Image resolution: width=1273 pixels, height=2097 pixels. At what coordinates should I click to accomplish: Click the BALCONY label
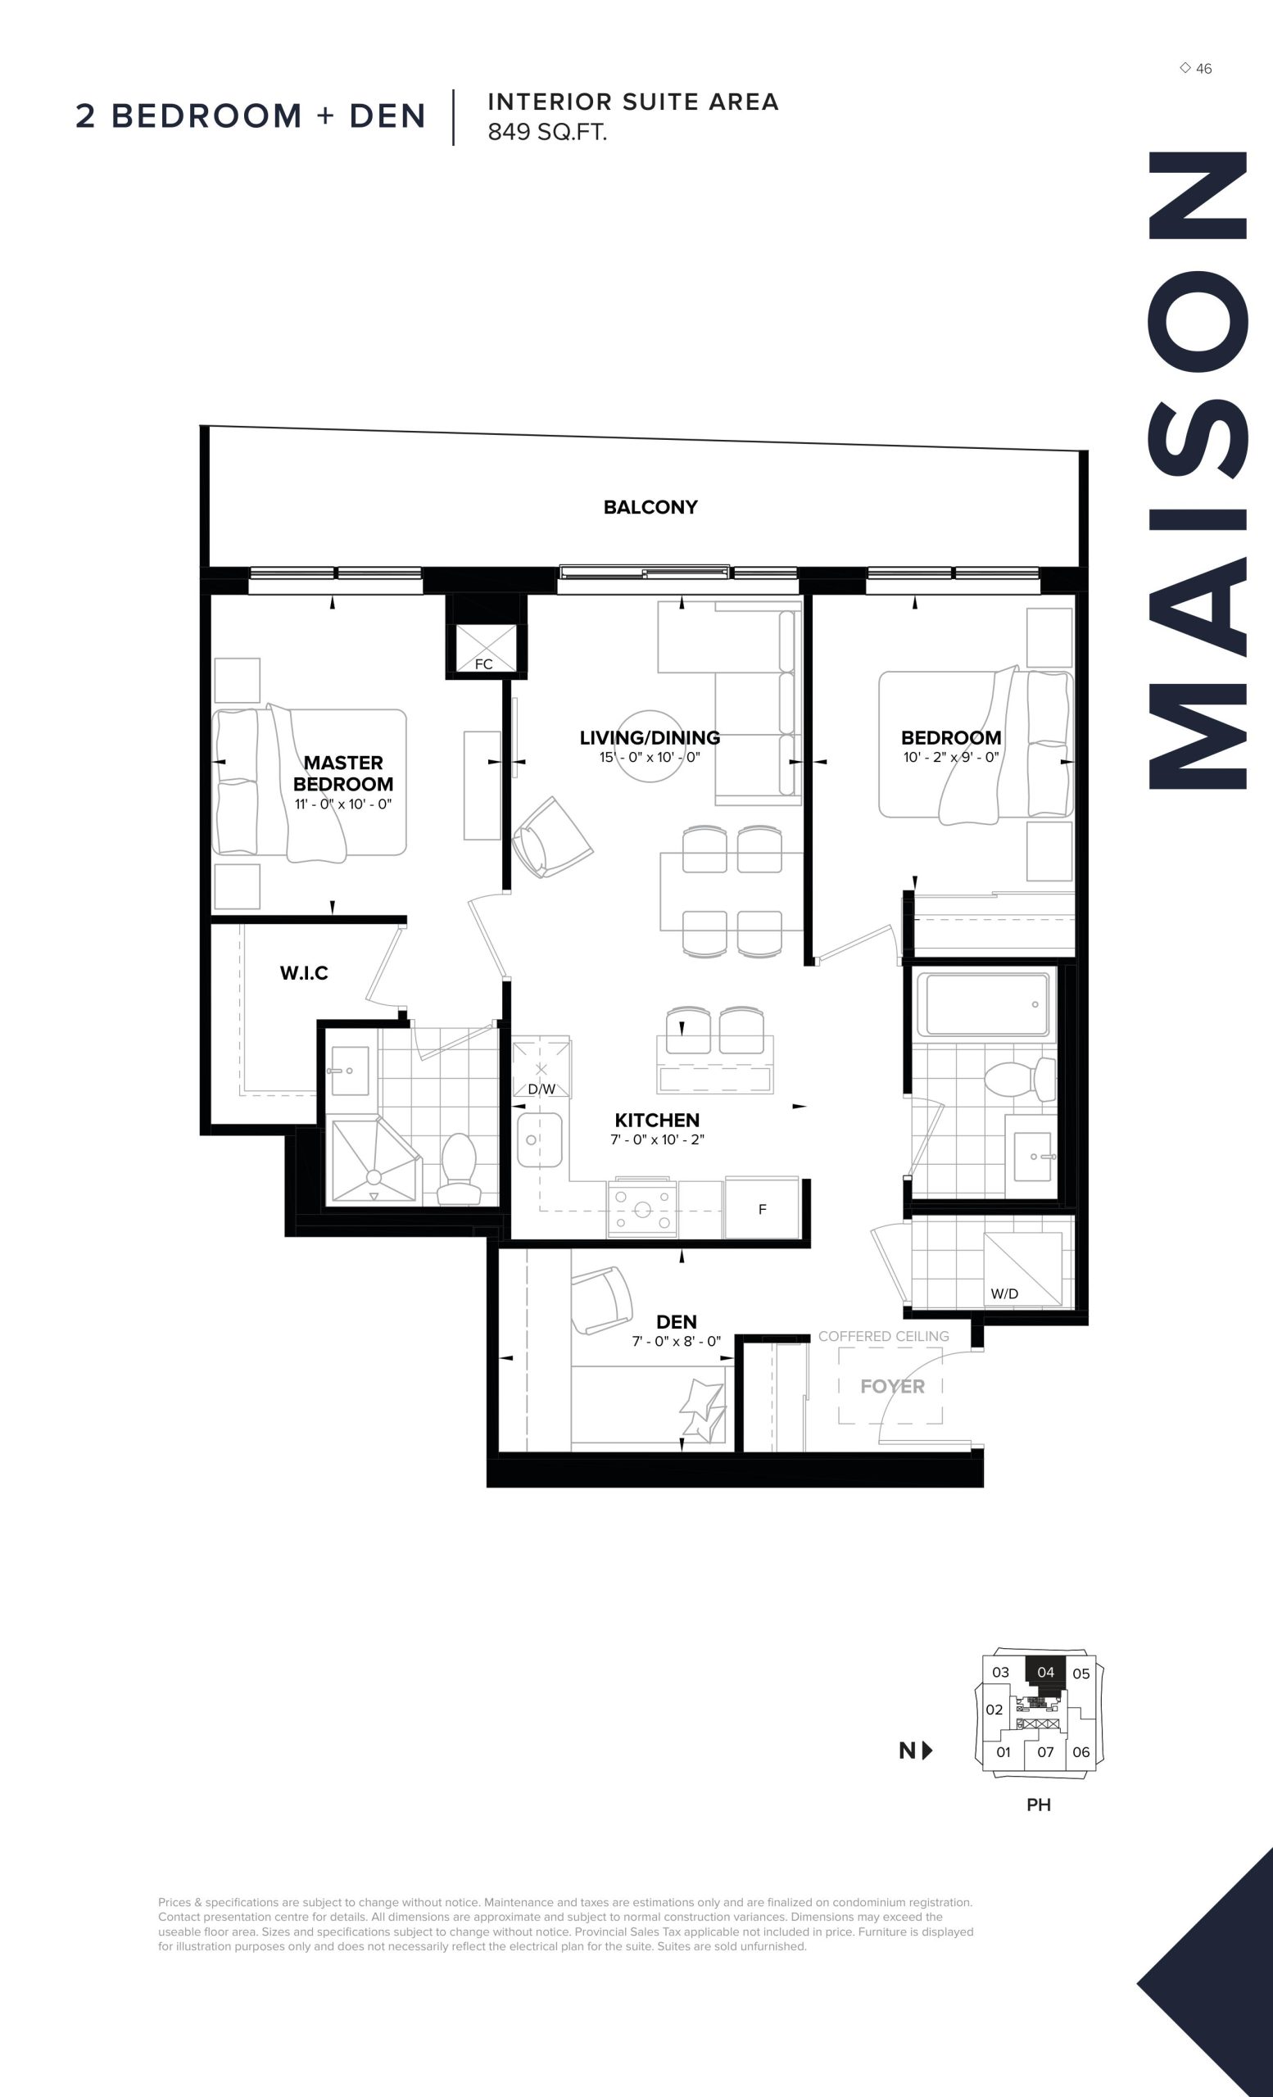pos(650,507)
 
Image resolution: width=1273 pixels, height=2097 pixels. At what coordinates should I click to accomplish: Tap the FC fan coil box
pos(484,649)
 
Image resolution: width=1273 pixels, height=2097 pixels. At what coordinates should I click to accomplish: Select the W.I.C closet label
pos(304,973)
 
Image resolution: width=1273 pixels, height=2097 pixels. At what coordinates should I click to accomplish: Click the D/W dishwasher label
pos(541,1089)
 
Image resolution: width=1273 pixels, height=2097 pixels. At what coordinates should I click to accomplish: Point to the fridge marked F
pos(762,1208)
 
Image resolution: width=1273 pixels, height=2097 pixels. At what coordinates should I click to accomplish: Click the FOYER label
pos(892,1386)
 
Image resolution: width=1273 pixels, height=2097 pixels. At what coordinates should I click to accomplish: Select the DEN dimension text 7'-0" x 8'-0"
pos(677,1341)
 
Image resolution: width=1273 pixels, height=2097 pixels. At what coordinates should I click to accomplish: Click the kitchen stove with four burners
pos(642,1208)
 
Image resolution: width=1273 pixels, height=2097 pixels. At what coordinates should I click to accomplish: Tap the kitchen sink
pos(540,1139)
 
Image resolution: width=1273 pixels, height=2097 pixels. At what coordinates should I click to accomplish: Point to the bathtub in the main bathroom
pos(987,1004)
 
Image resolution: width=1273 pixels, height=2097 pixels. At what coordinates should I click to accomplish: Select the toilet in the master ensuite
pos(460,1170)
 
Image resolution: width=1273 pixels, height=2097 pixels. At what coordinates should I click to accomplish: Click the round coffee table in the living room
pos(650,746)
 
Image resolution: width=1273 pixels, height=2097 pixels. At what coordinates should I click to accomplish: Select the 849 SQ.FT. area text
pos(547,132)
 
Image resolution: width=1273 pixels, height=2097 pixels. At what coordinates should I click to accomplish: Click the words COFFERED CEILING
pos(883,1336)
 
